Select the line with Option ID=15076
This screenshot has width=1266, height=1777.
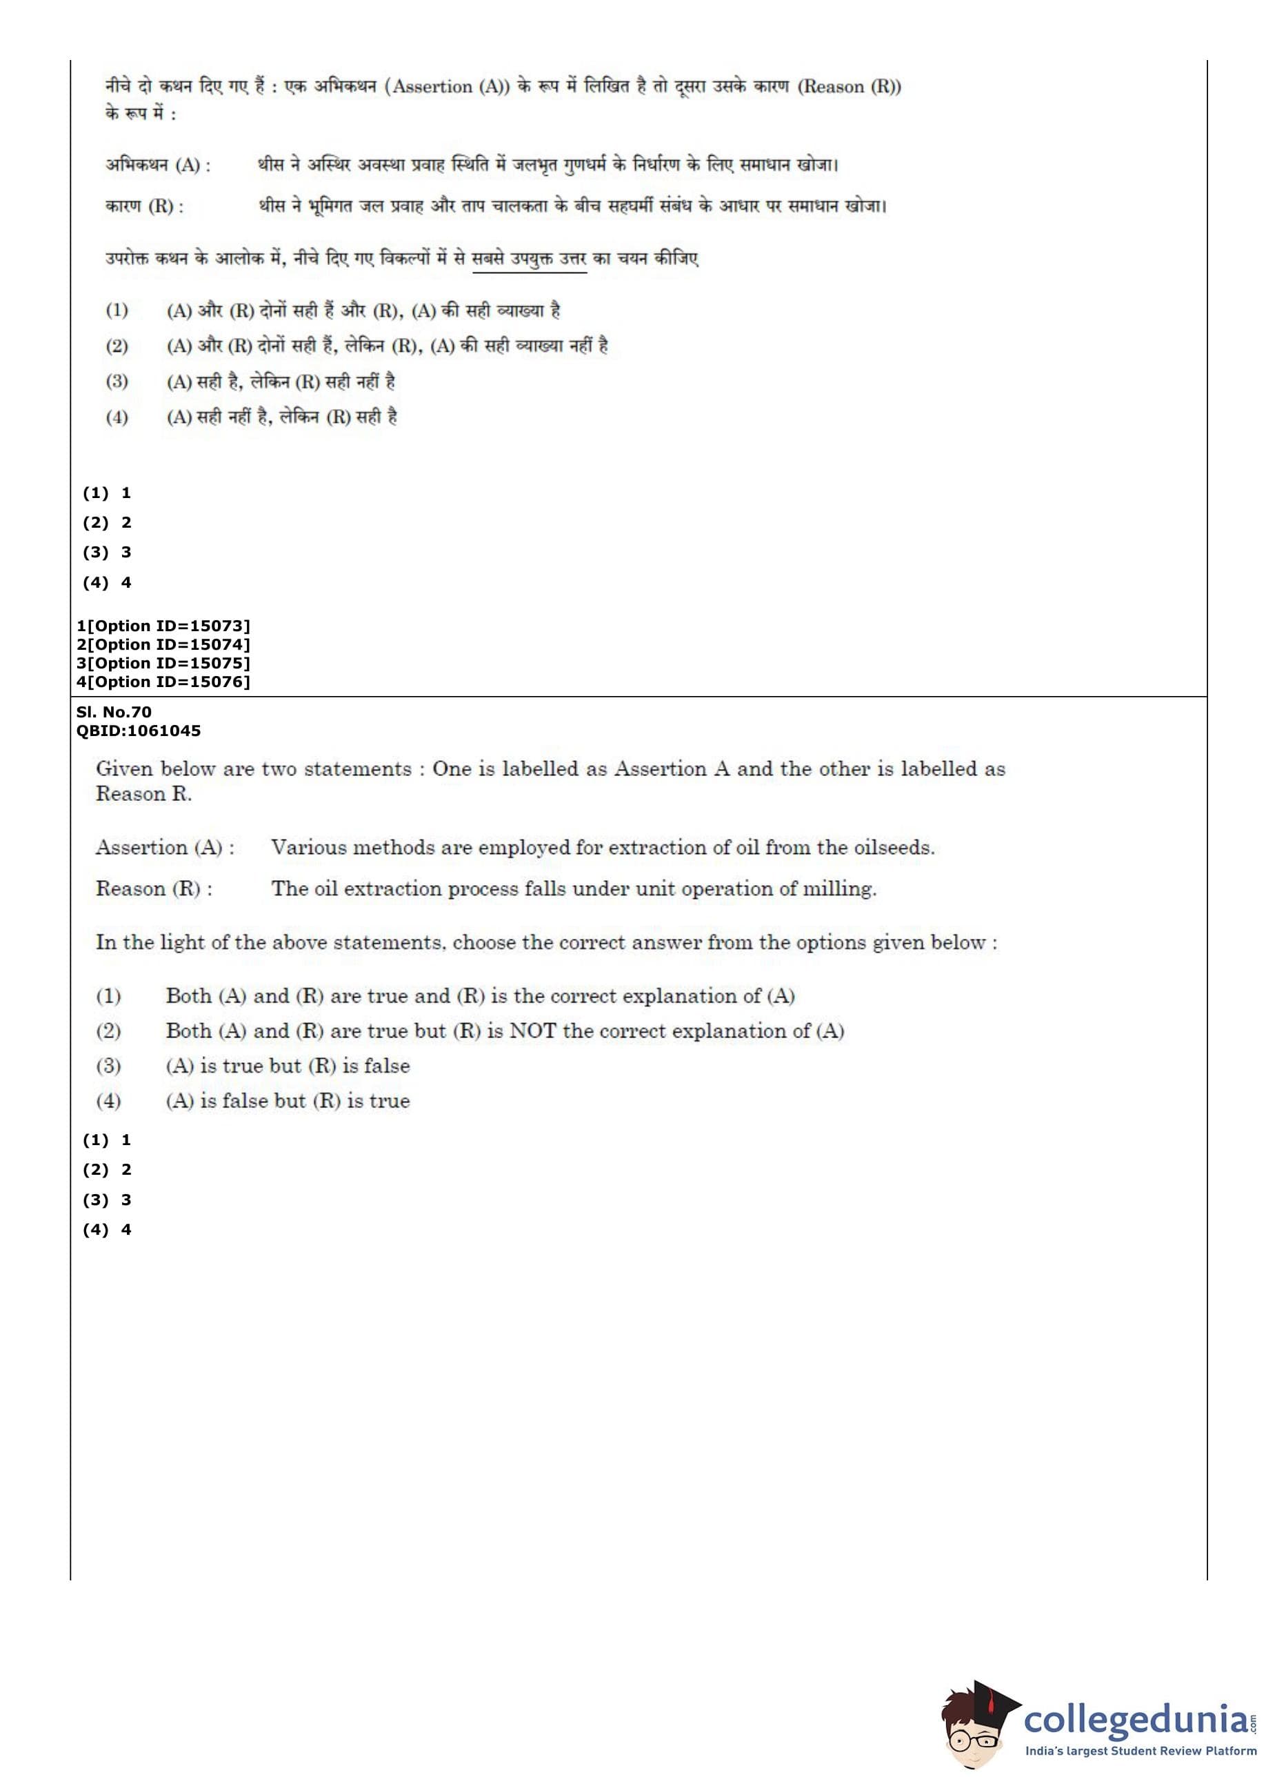point(163,682)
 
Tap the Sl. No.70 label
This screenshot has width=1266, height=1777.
point(114,711)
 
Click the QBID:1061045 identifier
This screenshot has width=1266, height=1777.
point(138,731)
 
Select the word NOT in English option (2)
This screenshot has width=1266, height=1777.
point(532,1031)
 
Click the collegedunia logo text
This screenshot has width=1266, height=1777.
point(1134,1739)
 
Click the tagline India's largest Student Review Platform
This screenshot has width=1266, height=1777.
point(1141,1766)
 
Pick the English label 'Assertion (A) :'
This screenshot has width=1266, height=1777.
point(165,848)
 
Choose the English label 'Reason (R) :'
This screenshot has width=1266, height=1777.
point(154,889)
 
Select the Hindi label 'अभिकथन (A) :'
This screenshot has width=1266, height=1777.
point(157,166)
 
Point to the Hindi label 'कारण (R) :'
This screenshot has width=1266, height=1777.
point(144,207)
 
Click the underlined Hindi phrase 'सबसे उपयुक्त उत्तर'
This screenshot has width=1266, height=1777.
point(530,259)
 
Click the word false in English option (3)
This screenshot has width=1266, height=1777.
point(387,1066)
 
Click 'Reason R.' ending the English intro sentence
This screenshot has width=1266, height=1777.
point(143,794)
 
